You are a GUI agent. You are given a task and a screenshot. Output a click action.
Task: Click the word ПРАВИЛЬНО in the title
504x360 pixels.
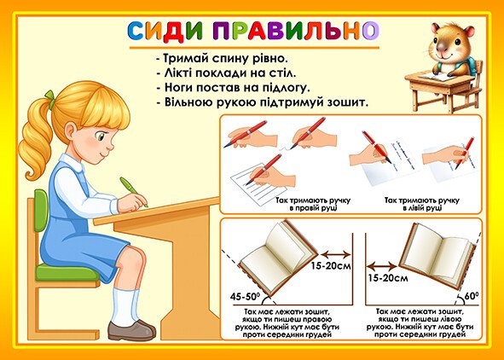tap(296, 32)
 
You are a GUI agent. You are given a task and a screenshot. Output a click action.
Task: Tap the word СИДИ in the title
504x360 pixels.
tap(165, 32)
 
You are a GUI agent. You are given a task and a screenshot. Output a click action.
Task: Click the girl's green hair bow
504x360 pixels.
tap(50, 99)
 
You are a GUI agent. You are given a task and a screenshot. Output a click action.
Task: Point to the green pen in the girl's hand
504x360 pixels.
tap(133, 191)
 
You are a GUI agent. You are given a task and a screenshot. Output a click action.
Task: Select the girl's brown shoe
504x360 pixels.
tap(131, 330)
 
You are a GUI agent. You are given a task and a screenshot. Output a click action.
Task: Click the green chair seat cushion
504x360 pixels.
tap(67, 273)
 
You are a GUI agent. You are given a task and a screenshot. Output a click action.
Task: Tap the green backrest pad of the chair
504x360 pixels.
tap(41, 210)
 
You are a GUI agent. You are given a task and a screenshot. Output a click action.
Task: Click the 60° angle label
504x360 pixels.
tap(472, 296)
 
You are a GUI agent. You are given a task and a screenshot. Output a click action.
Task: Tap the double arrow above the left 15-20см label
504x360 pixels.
tap(335, 255)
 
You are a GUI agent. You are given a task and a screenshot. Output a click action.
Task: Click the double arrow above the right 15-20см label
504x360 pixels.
tap(381, 266)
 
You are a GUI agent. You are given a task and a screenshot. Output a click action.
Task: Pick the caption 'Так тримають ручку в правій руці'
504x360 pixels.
tap(313, 204)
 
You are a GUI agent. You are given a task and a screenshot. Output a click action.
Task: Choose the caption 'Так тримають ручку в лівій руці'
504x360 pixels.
tap(422, 204)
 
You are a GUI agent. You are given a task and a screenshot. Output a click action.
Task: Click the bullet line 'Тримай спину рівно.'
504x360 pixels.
tap(222, 59)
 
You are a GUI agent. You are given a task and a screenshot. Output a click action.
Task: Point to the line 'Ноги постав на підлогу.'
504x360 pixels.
tap(234, 88)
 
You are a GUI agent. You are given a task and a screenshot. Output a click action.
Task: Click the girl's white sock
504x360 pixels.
tap(126, 307)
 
